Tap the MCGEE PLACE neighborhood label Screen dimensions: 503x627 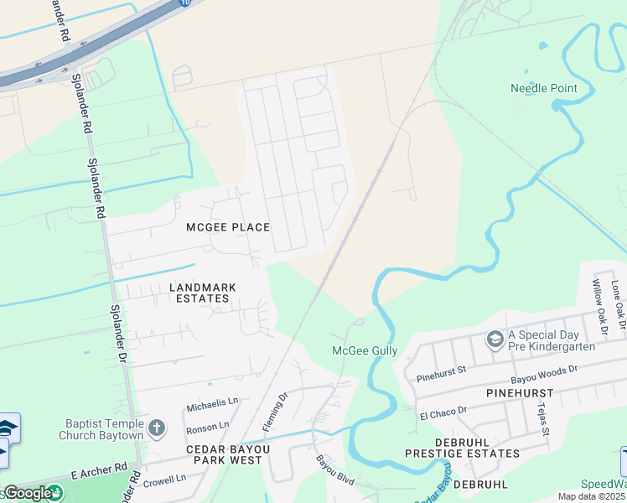[x=228, y=227]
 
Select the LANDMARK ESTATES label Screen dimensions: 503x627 [x=203, y=293]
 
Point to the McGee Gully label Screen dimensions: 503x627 [x=365, y=350]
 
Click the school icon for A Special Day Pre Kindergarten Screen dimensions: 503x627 [x=495, y=339]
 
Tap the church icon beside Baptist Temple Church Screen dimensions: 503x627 [x=156, y=429]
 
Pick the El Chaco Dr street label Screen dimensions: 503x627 [x=443, y=412]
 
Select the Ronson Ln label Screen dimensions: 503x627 [x=207, y=427]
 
